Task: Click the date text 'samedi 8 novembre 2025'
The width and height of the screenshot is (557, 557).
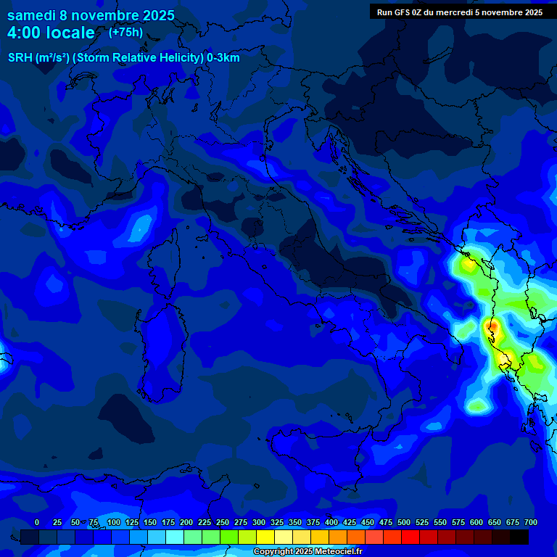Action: pyautogui.click(x=91, y=15)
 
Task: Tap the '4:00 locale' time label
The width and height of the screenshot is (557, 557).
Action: pyautogui.click(x=51, y=33)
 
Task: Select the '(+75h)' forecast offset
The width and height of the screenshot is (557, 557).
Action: pyautogui.click(x=125, y=33)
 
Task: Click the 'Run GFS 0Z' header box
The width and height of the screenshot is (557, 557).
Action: pyautogui.click(x=459, y=12)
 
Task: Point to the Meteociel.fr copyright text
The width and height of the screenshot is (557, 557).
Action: pyautogui.click(x=307, y=552)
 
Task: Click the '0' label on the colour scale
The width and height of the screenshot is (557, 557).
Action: pyautogui.click(x=37, y=523)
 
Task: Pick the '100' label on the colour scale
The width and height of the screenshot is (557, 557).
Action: pyautogui.click(x=114, y=523)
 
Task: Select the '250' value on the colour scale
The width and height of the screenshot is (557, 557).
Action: pyautogui.click(x=223, y=523)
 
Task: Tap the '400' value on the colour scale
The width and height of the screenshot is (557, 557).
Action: pyautogui.click(x=331, y=523)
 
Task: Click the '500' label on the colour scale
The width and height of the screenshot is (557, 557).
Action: pyautogui.click(x=404, y=523)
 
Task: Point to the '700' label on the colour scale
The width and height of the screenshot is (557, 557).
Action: pyautogui.click(x=530, y=523)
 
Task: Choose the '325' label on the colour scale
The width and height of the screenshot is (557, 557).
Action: pyautogui.click(x=277, y=523)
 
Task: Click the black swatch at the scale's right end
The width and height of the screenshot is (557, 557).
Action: pyautogui.click(x=519, y=537)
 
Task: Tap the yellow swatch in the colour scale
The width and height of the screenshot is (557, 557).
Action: pyautogui.click(x=265, y=537)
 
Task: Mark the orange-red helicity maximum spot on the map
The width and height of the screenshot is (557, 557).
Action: pyautogui.click(x=492, y=327)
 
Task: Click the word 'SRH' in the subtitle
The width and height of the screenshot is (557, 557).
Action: pyautogui.click(x=20, y=58)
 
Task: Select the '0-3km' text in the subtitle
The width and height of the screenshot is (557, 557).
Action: pyautogui.click(x=223, y=58)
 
